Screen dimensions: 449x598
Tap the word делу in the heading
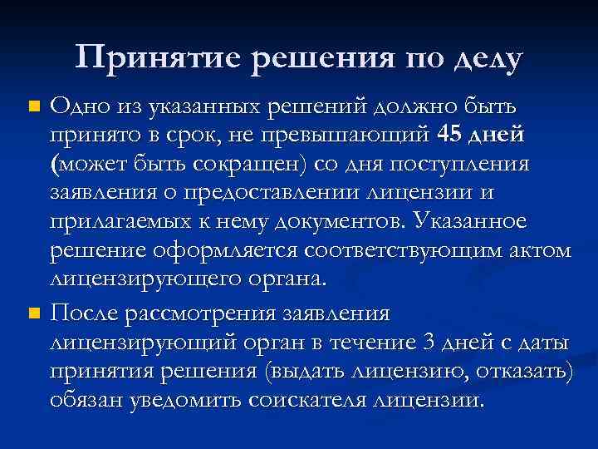(489, 59)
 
